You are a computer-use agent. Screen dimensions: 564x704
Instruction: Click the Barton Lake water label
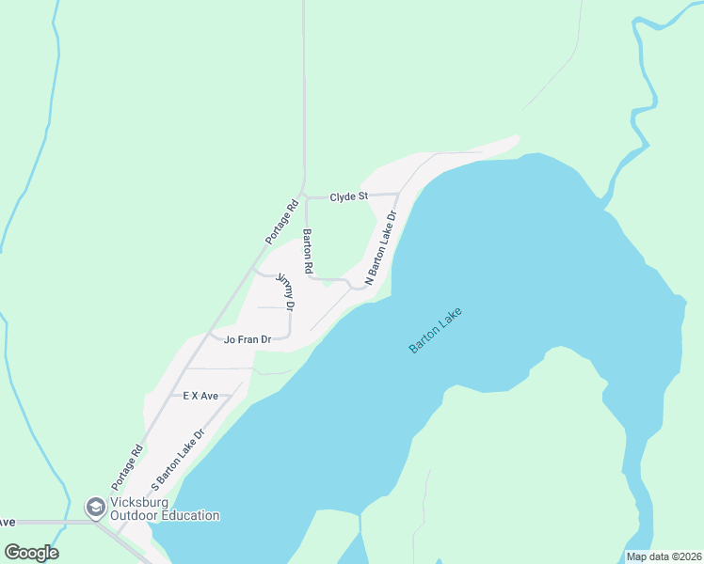[x=437, y=331]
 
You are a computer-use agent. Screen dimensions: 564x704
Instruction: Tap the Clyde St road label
[x=348, y=197]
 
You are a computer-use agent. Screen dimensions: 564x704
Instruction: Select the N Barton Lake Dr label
[x=381, y=247]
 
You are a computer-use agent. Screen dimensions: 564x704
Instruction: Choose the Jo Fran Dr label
[x=248, y=340]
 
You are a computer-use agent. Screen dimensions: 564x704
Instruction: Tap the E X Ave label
[x=200, y=397]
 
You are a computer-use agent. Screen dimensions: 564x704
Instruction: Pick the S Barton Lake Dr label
[x=177, y=463]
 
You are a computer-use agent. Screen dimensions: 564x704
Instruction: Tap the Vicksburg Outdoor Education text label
[x=165, y=509]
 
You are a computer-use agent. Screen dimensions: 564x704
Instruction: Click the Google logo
[x=31, y=553]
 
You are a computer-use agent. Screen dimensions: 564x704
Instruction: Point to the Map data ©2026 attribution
[x=664, y=556]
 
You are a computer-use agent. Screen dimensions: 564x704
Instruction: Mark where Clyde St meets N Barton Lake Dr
[x=398, y=195]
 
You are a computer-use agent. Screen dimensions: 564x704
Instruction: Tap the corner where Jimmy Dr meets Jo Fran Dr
[x=289, y=337]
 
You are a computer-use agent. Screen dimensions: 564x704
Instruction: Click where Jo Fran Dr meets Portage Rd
[x=210, y=336]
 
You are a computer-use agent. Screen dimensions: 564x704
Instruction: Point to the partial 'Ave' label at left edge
[x=7, y=522]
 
